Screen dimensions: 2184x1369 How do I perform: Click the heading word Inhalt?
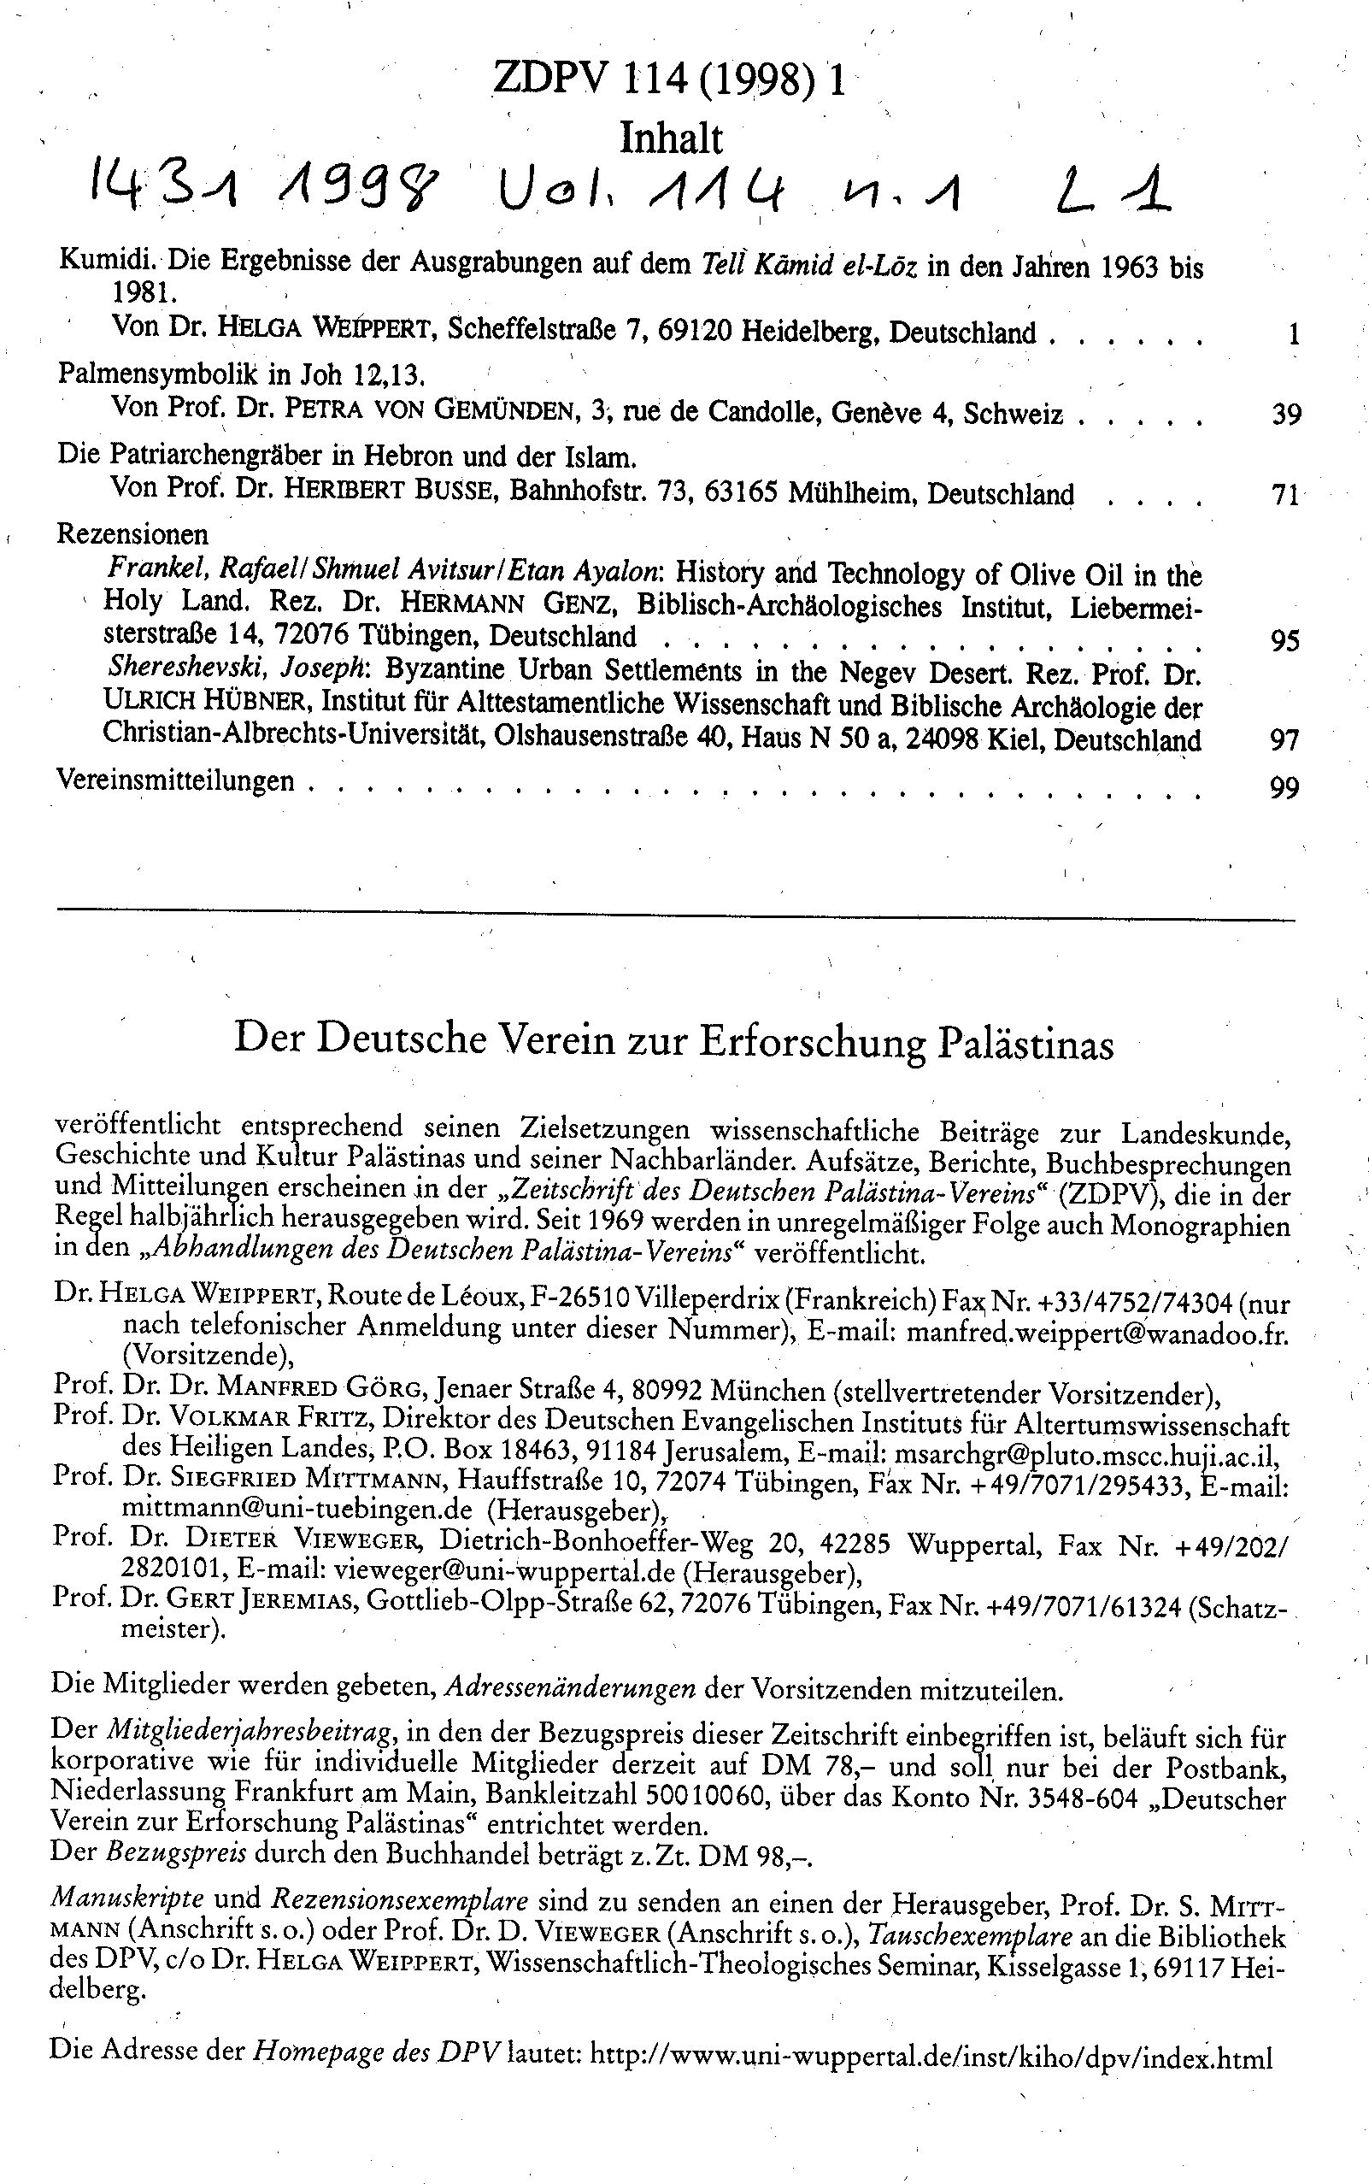671,139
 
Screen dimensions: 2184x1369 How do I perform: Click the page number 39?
1287,415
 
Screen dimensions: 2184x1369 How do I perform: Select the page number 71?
1286,495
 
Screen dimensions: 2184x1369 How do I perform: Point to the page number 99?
1284,788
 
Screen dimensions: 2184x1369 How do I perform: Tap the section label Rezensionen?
132,533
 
